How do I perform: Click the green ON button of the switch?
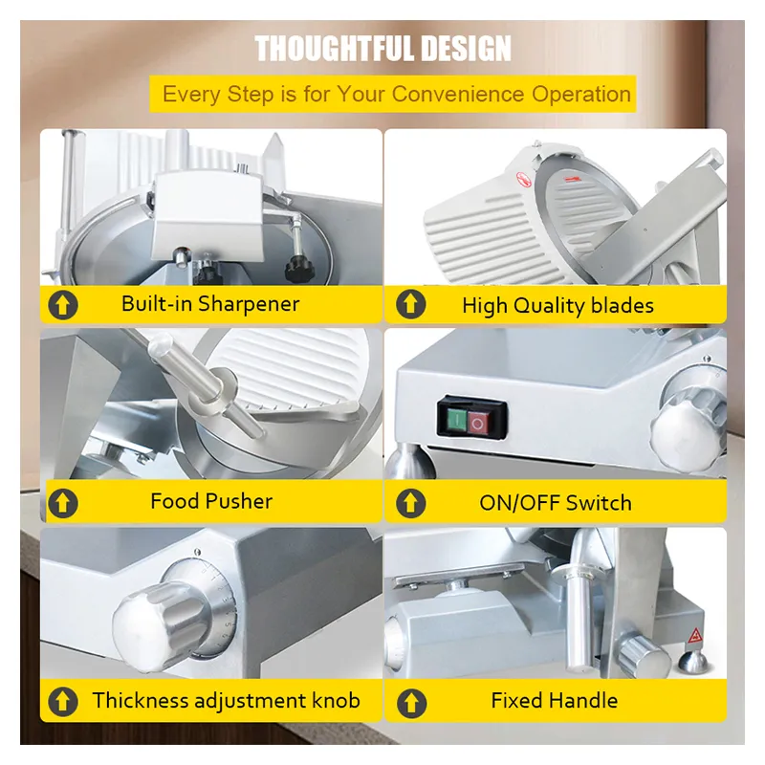457,420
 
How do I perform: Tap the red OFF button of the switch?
477,424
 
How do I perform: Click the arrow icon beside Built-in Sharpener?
63,305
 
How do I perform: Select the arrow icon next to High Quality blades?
411,304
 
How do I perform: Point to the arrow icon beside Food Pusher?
63,503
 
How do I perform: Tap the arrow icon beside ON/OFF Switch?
411,503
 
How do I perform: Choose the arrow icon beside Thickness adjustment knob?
63,702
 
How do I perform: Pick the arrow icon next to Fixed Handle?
411,703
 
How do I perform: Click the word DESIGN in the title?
466,49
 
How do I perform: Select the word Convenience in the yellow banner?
457,94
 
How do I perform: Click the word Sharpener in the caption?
249,305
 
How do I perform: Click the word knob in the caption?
337,701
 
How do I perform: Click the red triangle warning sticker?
695,636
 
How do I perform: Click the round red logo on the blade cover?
523,179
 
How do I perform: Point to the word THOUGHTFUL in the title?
336,49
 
